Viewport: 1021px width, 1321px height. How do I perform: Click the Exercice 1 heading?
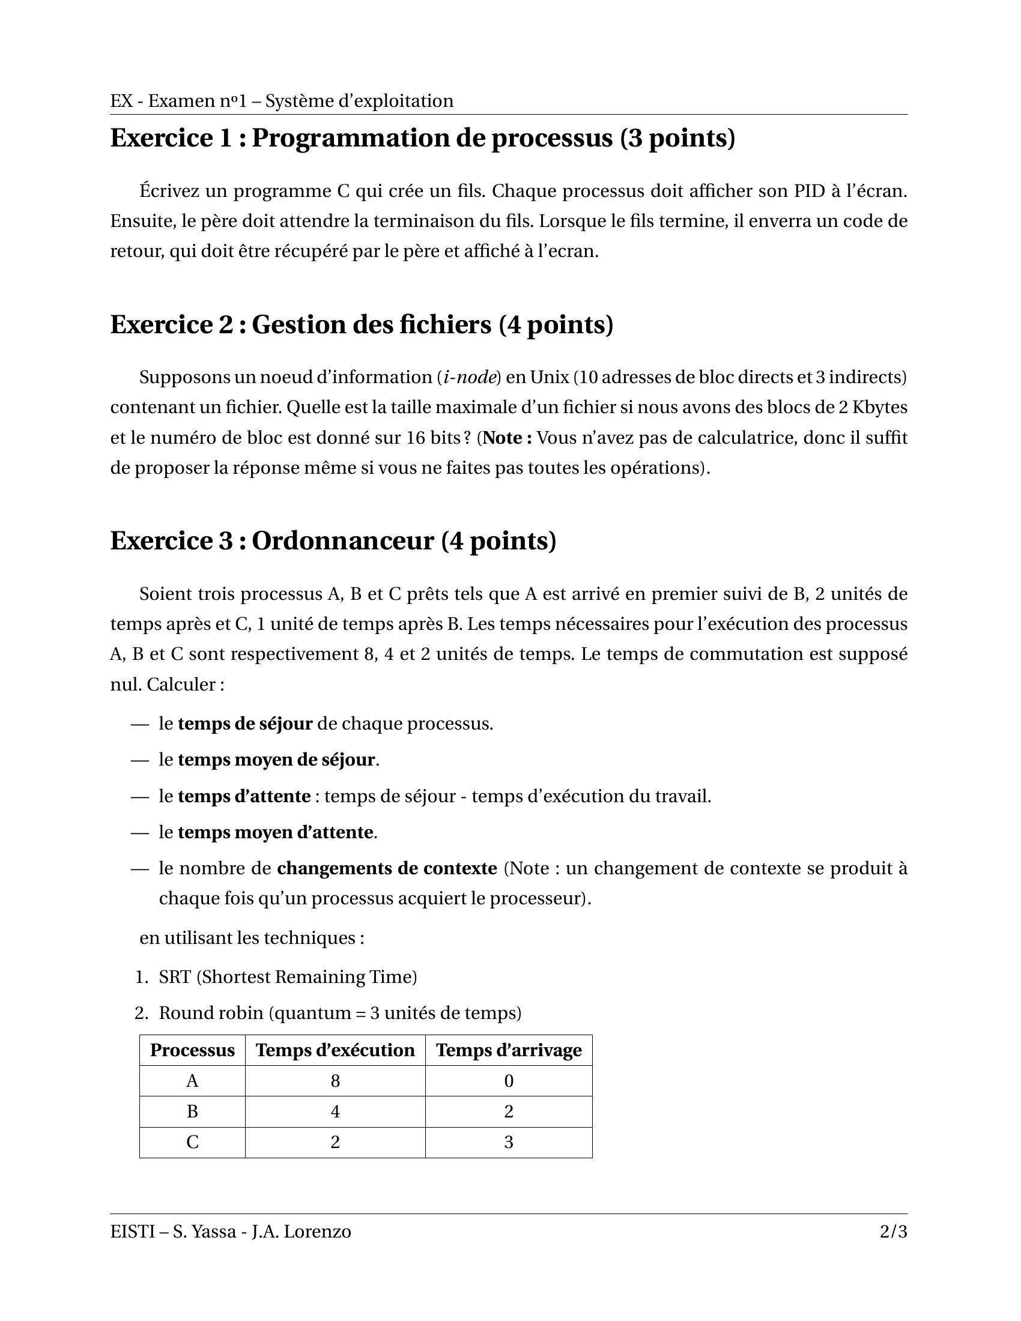point(422,138)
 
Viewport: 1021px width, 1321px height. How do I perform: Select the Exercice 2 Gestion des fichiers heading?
point(362,325)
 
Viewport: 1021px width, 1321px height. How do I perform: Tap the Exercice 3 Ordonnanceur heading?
point(333,541)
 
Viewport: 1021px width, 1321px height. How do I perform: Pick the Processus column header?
point(192,1050)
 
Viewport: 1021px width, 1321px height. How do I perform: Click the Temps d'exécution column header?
point(335,1050)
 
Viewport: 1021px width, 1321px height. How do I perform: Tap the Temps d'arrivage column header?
point(509,1050)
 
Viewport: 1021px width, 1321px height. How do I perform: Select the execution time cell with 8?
point(335,1081)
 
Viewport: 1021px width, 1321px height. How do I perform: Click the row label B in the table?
point(192,1111)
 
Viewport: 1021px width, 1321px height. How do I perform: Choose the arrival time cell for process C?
point(509,1143)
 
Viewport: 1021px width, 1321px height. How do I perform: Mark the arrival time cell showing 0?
point(509,1081)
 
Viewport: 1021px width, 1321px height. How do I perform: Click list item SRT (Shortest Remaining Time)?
point(288,977)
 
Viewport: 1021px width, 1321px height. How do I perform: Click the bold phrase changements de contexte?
point(387,869)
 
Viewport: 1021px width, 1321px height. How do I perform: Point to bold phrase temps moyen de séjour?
point(276,760)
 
